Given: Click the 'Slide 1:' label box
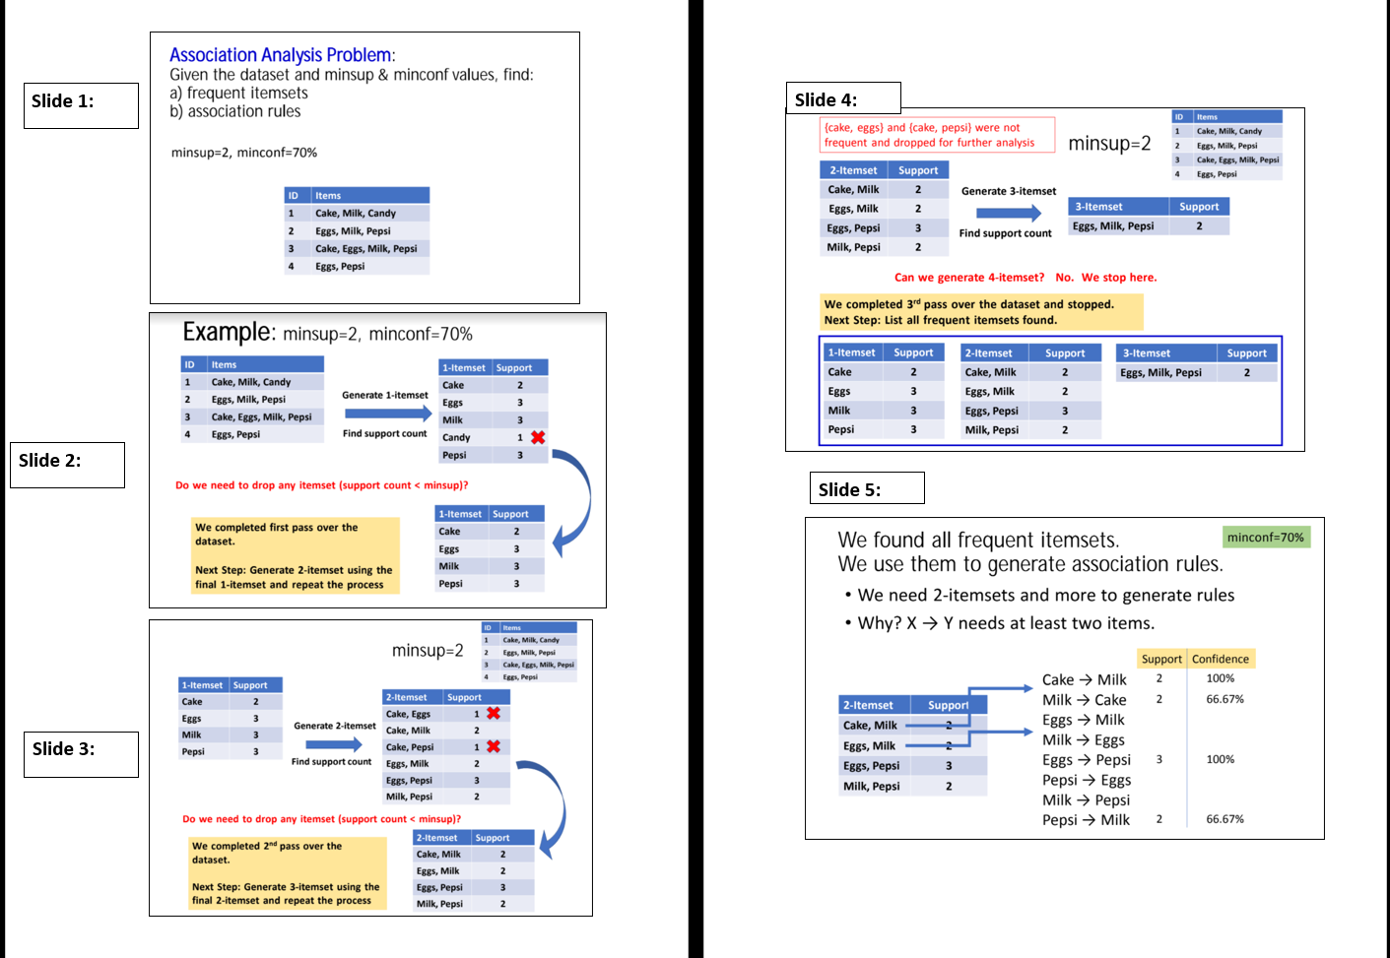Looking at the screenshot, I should (x=81, y=105).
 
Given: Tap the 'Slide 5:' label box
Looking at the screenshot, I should (x=866, y=488).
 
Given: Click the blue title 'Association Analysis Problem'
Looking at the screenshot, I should (x=281, y=55).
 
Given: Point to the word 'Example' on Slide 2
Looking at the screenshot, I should (x=228, y=332).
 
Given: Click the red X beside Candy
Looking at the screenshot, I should (x=538, y=437).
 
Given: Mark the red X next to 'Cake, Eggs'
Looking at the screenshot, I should (x=494, y=713).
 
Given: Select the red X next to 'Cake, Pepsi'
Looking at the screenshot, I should (x=494, y=746).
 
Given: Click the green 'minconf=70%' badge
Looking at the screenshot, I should (x=1265, y=537).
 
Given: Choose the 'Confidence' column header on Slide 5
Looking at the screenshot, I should (x=1220, y=659).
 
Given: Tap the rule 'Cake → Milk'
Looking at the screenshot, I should (x=1084, y=679).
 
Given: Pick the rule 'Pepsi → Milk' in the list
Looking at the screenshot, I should (x=1086, y=820).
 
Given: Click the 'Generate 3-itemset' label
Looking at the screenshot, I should (x=1008, y=191).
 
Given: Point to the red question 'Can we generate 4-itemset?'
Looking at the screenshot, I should (x=968, y=278).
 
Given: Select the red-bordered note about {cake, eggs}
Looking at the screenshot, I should (x=936, y=135).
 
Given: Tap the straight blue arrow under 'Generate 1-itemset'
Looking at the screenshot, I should (x=386, y=414).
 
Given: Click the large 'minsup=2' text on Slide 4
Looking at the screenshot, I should (x=1109, y=144).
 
